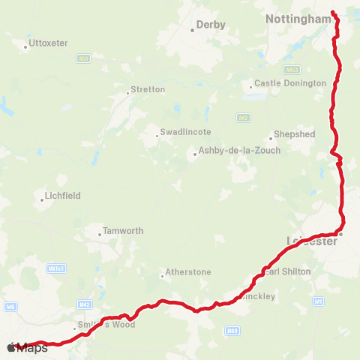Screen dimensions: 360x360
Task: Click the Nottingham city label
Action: (298, 18)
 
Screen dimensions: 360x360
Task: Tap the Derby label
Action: (210, 25)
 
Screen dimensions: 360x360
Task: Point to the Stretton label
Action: (148, 89)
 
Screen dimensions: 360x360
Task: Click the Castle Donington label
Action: (290, 83)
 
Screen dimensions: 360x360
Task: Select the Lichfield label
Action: (63, 195)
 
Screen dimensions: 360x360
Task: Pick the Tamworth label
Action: (122, 231)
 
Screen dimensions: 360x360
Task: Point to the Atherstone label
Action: (188, 271)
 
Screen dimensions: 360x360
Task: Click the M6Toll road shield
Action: (55, 267)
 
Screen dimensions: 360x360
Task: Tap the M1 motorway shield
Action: (319, 301)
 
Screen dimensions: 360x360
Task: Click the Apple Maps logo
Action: (27, 347)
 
